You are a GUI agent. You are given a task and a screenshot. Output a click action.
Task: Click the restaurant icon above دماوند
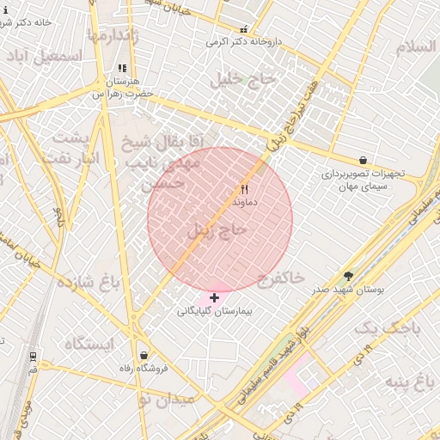click(x=244, y=189)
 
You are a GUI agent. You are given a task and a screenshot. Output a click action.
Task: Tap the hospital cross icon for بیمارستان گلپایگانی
click(x=214, y=297)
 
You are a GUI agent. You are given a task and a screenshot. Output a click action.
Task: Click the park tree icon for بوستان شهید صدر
click(x=348, y=277)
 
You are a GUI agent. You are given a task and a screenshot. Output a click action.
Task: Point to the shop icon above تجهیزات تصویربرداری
click(x=363, y=160)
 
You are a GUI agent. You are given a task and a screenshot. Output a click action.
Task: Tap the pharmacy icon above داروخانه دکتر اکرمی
click(x=243, y=29)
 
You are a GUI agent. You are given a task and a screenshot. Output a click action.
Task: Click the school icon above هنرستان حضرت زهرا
click(x=122, y=68)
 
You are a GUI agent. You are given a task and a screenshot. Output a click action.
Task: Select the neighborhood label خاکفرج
click(x=281, y=278)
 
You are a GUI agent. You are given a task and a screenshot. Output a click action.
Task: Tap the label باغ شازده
click(x=88, y=282)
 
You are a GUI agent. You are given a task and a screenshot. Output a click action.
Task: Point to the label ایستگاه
click(x=89, y=344)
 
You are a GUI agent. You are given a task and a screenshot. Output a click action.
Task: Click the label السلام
click(x=416, y=46)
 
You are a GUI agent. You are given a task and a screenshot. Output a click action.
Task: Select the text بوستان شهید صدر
click(x=348, y=290)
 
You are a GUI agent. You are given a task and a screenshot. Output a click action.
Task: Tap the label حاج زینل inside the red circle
click(x=217, y=229)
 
